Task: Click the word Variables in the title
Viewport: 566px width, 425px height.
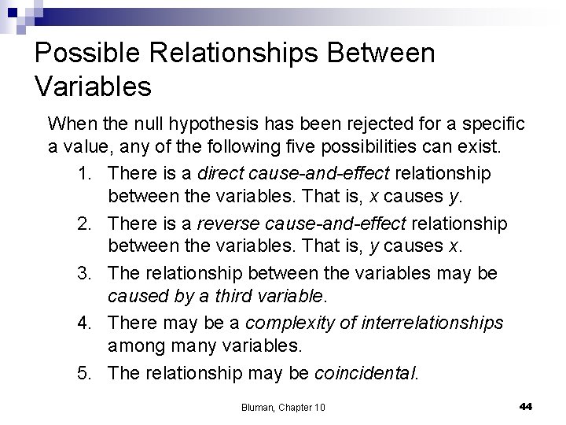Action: click(94, 87)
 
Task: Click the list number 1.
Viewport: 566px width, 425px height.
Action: click(88, 172)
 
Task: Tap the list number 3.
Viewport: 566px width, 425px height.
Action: click(88, 273)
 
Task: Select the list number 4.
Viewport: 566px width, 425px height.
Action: click(88, 323)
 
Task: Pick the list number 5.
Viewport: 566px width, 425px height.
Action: click(88, 372)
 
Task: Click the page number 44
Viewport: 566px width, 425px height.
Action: click(526, 405)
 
